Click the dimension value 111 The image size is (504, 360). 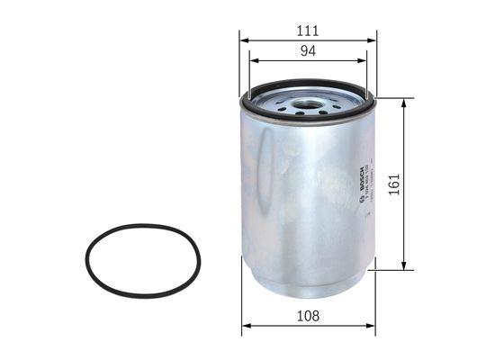308,30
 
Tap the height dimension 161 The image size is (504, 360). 417,183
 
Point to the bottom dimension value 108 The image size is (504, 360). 308,316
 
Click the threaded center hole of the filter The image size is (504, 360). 307,93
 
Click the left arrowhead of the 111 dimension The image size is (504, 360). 244,40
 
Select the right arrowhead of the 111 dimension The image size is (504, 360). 373,40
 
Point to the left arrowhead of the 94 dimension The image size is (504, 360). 253,61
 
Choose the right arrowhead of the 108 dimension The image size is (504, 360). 370,326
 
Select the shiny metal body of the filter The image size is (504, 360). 297,198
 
